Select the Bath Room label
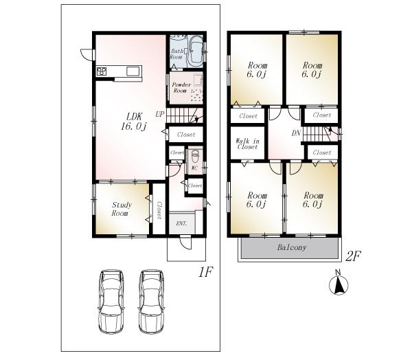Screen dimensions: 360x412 176,54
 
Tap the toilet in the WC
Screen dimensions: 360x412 195,155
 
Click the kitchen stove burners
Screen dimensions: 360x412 102,71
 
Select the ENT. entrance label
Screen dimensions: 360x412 181,224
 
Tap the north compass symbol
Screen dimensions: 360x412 339,285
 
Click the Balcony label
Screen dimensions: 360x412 292,247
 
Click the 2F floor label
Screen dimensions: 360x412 353,257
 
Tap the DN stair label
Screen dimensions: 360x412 296,133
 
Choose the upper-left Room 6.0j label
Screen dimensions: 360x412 256,70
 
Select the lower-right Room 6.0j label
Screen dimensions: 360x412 313,199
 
